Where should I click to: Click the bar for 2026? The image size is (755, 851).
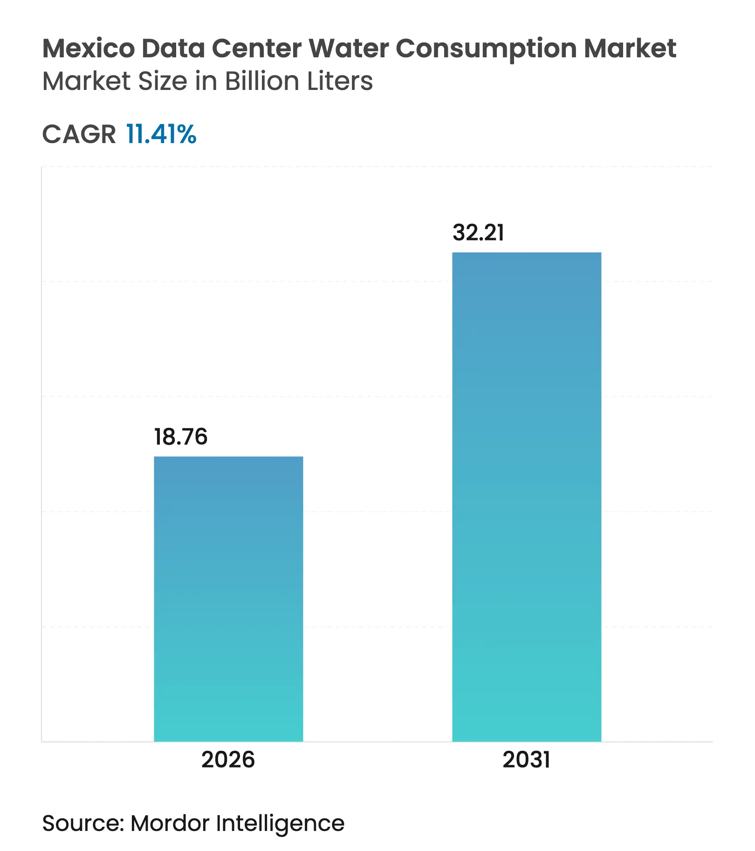pyautogui.click(x=228, y=598)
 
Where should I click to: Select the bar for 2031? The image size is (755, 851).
pyautogui.click(x=527, y=496)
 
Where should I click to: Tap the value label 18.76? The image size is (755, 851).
pyautogui.click(x=181, y=437)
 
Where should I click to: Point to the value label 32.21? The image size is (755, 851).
pyautogui.click(x=478, y=233)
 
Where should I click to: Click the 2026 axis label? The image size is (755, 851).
pyautogui.click(x=228, y=760)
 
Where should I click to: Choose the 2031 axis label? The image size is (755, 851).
pyautogui.click(x=526, y=760)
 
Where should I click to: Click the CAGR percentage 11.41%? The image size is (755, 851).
pyautogui.click(x=161, y=134)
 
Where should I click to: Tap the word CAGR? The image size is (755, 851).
pyautogui.click(x=79, y=134)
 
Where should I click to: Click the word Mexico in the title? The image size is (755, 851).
pyautogui.click(x=89, y=48)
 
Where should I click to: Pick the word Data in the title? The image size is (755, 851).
pyautogui.click(x=173, y=48)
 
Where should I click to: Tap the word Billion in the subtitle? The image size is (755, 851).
pyautogui.click(x=262, y=81)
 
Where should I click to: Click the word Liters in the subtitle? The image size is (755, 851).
pyautogui.click(x=339, y=81)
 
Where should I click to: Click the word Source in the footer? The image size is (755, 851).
pyautogui.click(x=82, y=823)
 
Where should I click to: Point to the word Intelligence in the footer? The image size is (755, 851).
pyautogui.click(x=280, y=824)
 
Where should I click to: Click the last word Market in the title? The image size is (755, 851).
pyautogui.click(x=630, y=48)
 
